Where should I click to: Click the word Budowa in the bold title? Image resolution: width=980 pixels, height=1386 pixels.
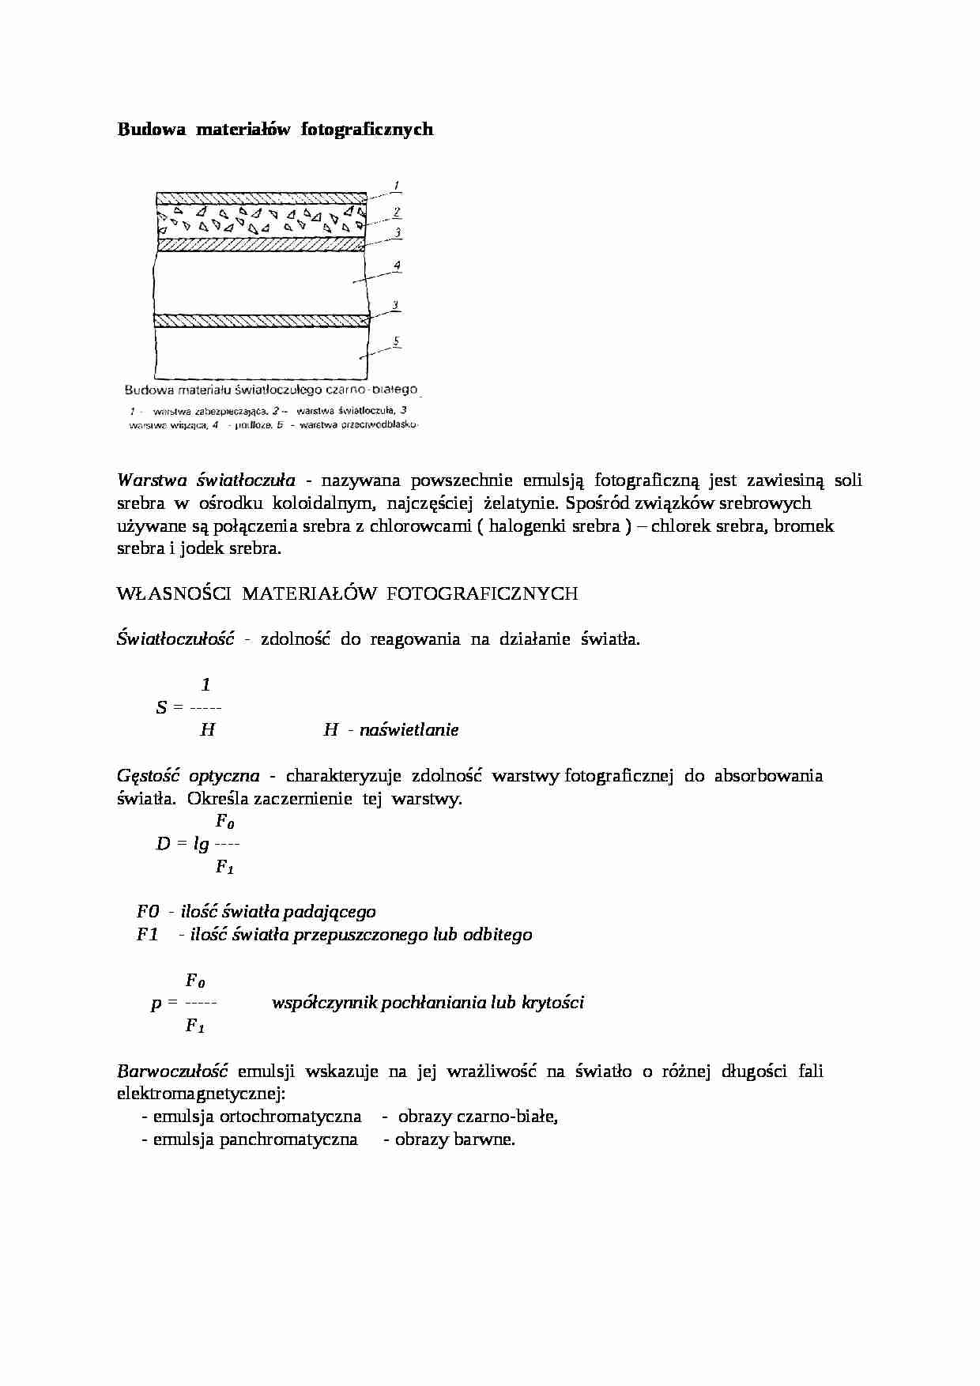coord(144,129)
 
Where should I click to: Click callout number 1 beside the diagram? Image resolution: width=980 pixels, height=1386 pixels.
coord(397,186)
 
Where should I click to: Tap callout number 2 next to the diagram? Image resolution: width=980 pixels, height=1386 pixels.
coord(397,212)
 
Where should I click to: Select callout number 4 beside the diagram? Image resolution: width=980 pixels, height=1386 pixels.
coord(398,266)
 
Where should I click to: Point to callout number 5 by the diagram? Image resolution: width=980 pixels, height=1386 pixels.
coord(398,341)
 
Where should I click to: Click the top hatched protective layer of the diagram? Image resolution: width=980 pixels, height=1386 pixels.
coord(261,198)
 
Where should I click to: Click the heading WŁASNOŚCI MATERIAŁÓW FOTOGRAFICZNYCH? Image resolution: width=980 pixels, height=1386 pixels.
coord(347,593)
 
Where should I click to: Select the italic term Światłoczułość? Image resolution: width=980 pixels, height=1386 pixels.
coord(175,639)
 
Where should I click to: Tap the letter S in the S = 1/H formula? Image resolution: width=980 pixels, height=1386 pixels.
coord(161,707)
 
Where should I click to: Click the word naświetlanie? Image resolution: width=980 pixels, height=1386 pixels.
coord(409,730)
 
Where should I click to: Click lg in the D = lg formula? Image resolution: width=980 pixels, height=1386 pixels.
coord(202,844)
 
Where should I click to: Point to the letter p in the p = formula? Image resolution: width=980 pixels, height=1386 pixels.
coord(156,1004)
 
